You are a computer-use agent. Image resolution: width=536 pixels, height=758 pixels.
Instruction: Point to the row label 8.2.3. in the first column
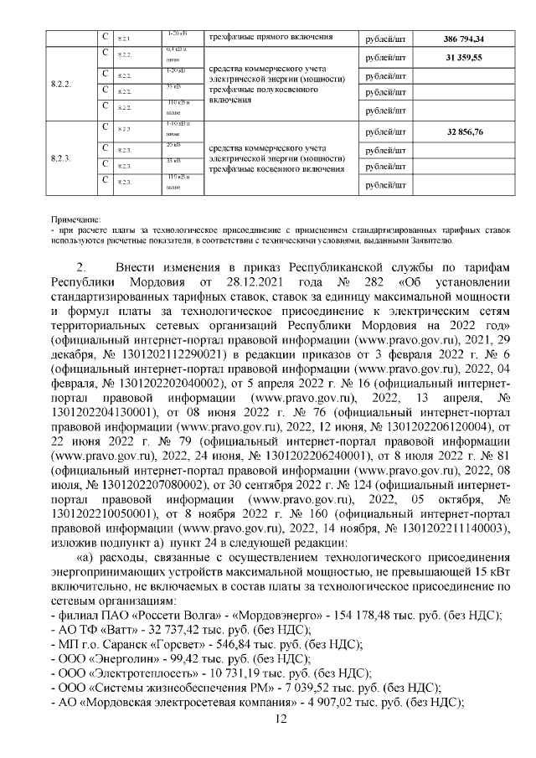coord(61,157)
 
